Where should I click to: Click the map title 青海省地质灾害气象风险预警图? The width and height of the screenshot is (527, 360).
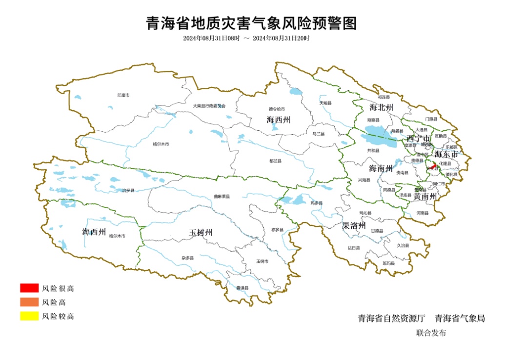click(x=252, y=23)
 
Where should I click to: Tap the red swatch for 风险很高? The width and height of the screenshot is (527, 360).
click(x=29, y=288)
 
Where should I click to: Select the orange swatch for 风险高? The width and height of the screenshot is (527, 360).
click(x=29, y=302)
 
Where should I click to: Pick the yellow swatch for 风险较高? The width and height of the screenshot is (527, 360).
click(x=29, y=316)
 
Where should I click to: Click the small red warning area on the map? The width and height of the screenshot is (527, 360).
click(x=433, y=166)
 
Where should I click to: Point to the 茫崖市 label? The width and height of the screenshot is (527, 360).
click(x=123, y=95)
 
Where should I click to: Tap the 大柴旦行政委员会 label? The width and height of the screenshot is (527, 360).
click(x=209, y=105)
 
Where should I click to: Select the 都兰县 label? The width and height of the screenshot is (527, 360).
click(x=275, y=160)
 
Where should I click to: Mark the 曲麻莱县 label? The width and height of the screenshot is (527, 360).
click(x=222, y=197)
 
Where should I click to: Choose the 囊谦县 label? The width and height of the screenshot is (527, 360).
click(x=243, y=288)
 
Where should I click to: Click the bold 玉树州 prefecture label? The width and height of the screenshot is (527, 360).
click(x=201, y=233)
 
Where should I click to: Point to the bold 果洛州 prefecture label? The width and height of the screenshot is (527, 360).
click(x=354, y=226)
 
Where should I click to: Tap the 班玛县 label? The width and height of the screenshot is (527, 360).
click(x=389, y=263)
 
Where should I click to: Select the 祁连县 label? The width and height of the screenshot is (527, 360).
click(x=384, y=97)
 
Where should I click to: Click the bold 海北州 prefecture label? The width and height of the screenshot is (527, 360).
click(x=381, y=107)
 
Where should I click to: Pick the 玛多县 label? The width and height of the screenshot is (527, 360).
click(x=317, y=203)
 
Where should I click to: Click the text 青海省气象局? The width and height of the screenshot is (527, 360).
click(x=460, y=319)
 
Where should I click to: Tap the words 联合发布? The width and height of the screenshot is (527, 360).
click(x=431, y=333)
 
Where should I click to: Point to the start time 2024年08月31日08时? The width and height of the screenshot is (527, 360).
click(x=212, y=38)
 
